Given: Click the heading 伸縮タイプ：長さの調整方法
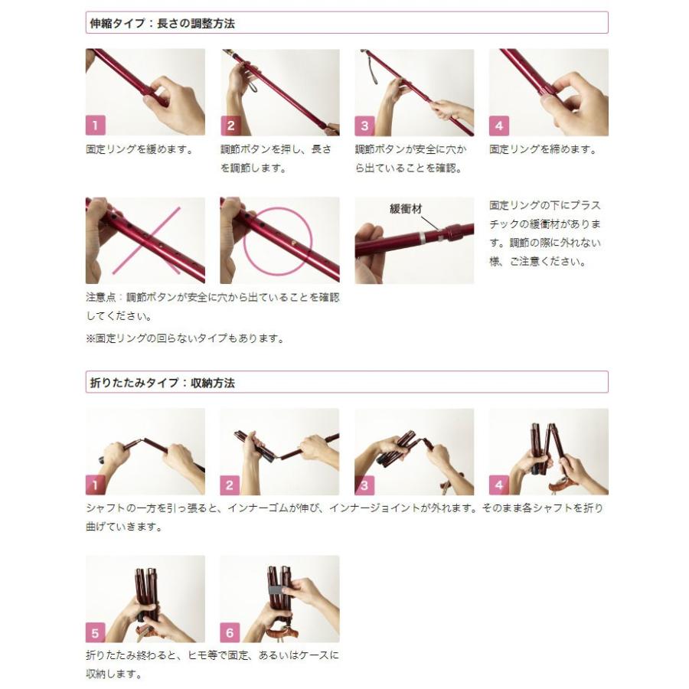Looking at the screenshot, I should [x=162, y=23].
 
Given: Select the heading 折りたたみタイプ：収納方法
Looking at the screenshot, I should [x=162, y=383].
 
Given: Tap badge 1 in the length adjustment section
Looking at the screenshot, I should [x=96, y=126].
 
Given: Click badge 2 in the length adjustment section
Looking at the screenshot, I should [x=230, y=126].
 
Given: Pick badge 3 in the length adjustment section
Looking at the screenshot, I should [x=365, y=126].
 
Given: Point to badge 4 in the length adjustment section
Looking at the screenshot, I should [x=499, y=126].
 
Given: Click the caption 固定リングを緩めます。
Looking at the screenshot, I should [x=139, y=150].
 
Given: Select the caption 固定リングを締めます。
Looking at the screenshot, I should [x=542, y=150].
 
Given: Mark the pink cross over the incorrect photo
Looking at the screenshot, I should [x=145, y=240].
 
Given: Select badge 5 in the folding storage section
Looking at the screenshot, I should [x=96, y=632].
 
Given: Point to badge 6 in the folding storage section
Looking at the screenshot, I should [x=230, y=632].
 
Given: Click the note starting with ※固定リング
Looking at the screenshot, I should [x=184, y=338].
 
